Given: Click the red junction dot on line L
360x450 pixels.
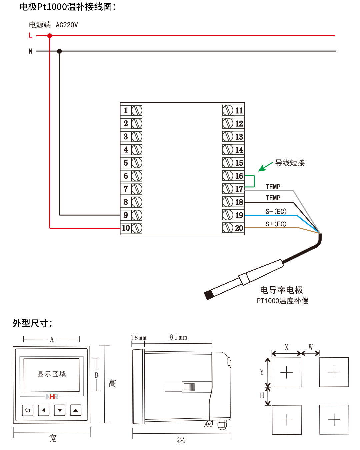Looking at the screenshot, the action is (x=50, y=36).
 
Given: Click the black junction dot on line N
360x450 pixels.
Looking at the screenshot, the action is (x=59, y=51).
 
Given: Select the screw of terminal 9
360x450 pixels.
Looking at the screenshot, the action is (x=137, y=215).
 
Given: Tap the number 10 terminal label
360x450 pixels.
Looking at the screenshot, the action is (x=126, y=228).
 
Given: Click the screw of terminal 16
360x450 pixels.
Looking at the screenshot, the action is (x=228, y=176).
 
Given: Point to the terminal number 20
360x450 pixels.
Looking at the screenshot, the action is (x=239, y=228).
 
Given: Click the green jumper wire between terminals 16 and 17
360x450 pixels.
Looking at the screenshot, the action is (x=254, y=181).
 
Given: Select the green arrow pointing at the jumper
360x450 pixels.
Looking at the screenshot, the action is (x=265, y=167).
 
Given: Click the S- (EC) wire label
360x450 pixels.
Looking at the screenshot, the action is (x=276, y=211).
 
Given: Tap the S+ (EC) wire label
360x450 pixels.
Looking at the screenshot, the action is (x=276, y=224).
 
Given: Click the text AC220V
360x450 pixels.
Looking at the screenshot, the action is (x=67, y=25).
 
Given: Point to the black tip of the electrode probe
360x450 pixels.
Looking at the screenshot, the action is (x=209, y=295).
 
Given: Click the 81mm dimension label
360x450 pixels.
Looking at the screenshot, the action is (x=178, y=337).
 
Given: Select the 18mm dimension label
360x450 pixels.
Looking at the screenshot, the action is (x=138, y=337).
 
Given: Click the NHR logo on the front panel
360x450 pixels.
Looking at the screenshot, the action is (x=52, y=396).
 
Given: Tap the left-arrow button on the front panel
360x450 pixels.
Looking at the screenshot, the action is (x=44, y=410).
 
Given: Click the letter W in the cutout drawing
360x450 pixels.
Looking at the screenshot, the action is (x=311, y=347).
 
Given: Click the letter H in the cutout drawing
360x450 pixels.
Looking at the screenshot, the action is (x=262, y=395).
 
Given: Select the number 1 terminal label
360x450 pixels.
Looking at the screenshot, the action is (x=126, y=110).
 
